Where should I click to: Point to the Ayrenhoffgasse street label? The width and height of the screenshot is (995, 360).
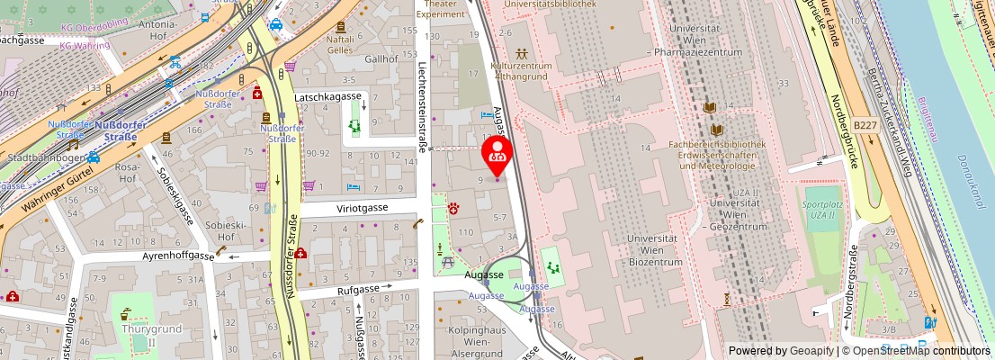[176, 256]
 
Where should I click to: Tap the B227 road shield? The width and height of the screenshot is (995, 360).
[865, 126]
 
